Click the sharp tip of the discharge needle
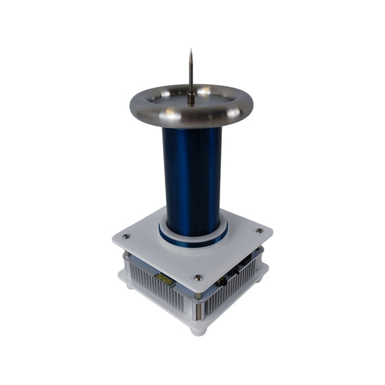point(191,51)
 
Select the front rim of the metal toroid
point(191,120)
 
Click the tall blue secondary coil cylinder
point(192,173)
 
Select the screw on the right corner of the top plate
point(259,231)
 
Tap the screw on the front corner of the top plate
point(197,277)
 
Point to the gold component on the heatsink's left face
point(163,278)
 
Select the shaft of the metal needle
point(191,76)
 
